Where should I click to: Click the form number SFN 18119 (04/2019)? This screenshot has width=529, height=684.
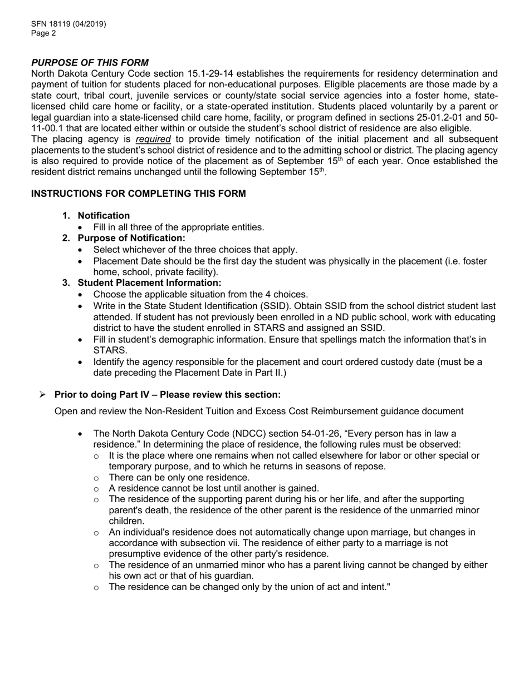[68, 24]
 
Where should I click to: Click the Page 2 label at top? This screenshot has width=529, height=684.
[43, 33]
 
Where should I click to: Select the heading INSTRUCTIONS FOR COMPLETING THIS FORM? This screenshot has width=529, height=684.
[138, 194]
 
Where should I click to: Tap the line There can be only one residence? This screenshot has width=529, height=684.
[179, 478]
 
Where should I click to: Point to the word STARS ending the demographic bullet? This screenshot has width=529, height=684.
[109, 351]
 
